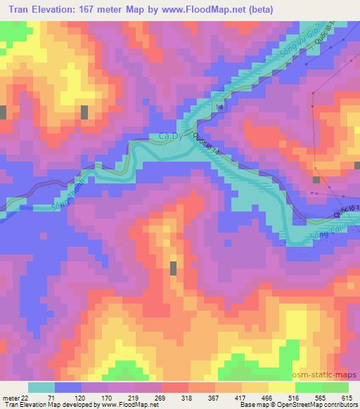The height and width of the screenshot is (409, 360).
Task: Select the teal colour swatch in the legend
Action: click(41, 387)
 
